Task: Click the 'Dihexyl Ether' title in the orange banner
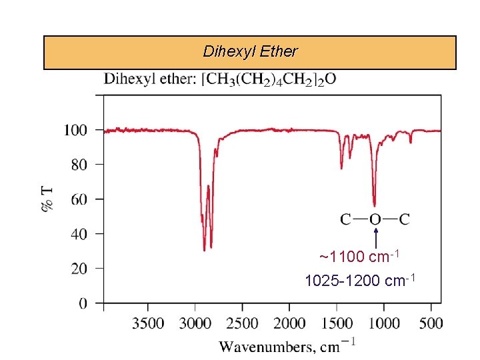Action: [251, 51]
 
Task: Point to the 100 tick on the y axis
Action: [75, 130]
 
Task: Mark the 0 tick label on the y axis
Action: [83, 304]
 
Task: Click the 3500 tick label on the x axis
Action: [148, 324]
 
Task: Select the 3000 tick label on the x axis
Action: [195, 324]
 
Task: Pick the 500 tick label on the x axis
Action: [431, 324]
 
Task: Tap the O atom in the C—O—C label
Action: [375, 219]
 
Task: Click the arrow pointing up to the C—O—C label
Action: [376, 238]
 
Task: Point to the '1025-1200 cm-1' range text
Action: [360, 281]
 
